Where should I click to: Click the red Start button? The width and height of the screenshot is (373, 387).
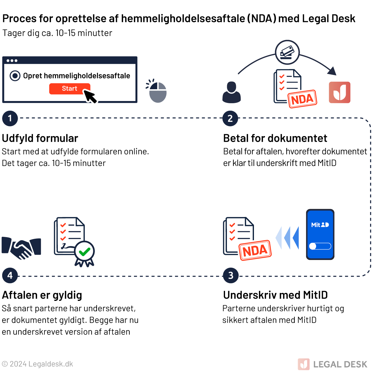point(69,89)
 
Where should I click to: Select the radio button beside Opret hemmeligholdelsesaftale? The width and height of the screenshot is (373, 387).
point(15,76)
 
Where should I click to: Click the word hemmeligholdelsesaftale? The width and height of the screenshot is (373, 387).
point(87,76)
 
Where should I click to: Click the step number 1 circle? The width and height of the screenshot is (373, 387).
point(10,118)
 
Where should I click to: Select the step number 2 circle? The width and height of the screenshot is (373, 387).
point(230,118)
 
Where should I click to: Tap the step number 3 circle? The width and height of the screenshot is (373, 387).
point(231,275)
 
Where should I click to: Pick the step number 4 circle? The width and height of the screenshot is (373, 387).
point(10,275)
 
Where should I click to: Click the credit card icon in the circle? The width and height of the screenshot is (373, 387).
point(287,52)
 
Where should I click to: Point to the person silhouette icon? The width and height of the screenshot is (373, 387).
point(232,92)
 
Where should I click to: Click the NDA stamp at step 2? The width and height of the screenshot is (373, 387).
point(302,99)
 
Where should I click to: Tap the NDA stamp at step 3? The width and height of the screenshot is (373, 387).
point(255,250)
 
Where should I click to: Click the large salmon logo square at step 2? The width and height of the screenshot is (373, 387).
point(340,92)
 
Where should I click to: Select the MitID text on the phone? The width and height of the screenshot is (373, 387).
point(320,225)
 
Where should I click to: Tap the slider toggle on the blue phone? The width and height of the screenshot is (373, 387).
point(320,246)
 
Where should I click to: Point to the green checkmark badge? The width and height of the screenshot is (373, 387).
point(84,252)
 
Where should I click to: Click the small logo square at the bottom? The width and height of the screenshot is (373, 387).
point(304,364)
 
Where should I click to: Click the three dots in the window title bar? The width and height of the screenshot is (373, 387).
point(12,61)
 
